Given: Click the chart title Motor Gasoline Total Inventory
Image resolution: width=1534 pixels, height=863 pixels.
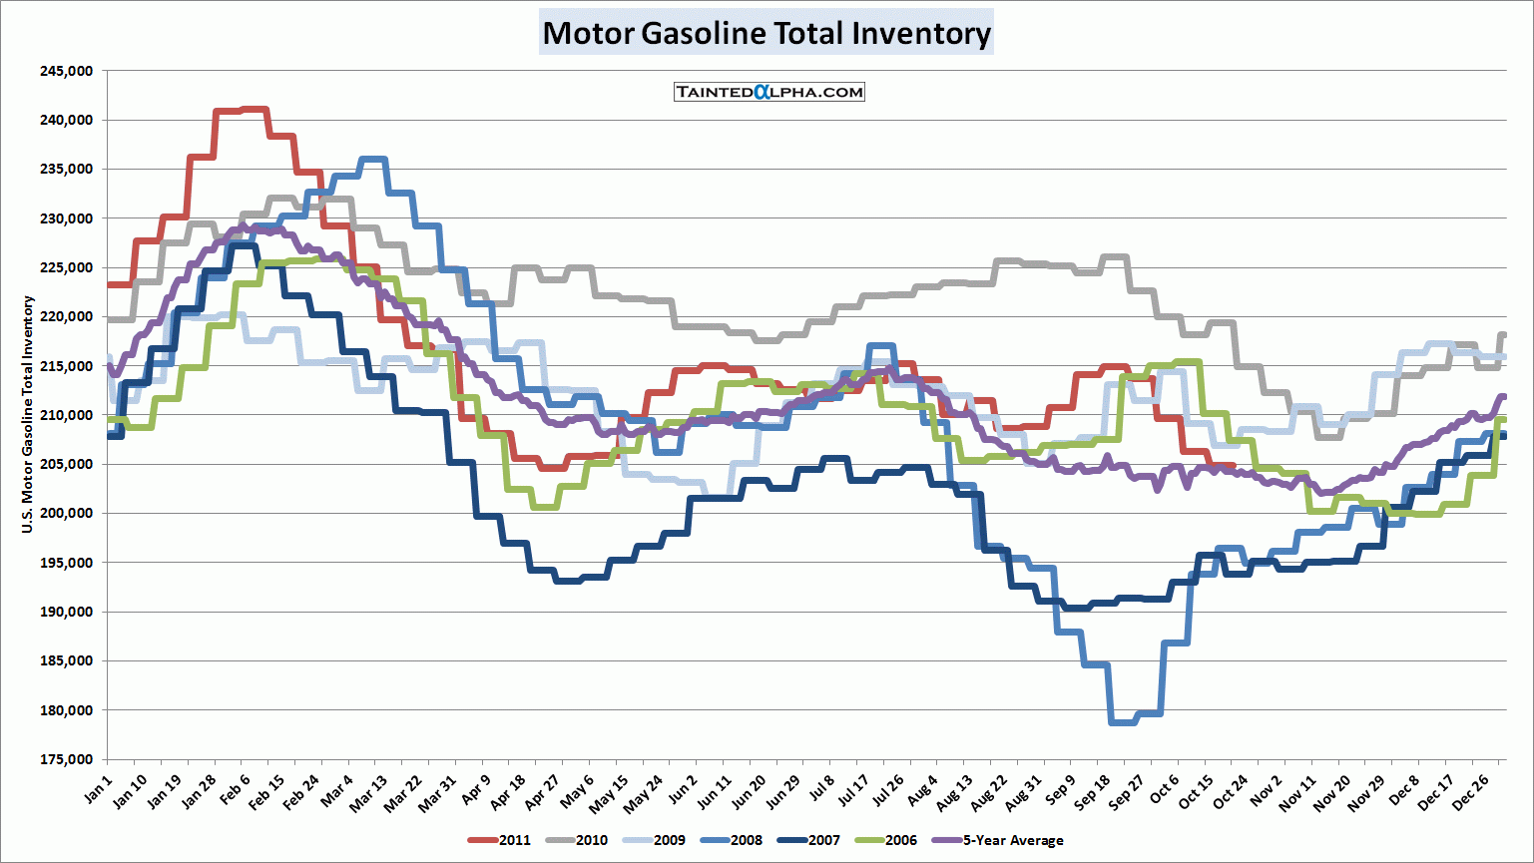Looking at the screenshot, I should point(767,33).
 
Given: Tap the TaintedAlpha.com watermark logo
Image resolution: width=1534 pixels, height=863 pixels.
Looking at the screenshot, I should point(769,92).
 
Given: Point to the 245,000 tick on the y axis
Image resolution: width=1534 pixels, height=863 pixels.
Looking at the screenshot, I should point(66,71).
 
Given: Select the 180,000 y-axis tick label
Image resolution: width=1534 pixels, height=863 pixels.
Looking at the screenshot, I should point(66,710).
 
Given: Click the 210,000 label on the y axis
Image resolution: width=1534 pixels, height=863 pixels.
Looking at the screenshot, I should point(66,415).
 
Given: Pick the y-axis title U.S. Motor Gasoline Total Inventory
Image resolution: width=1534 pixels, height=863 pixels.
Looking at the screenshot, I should point(28,414).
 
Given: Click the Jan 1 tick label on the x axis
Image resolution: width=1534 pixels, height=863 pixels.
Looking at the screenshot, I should point(99,789).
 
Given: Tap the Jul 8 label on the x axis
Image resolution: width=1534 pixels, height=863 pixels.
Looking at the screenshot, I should point(822,789).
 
